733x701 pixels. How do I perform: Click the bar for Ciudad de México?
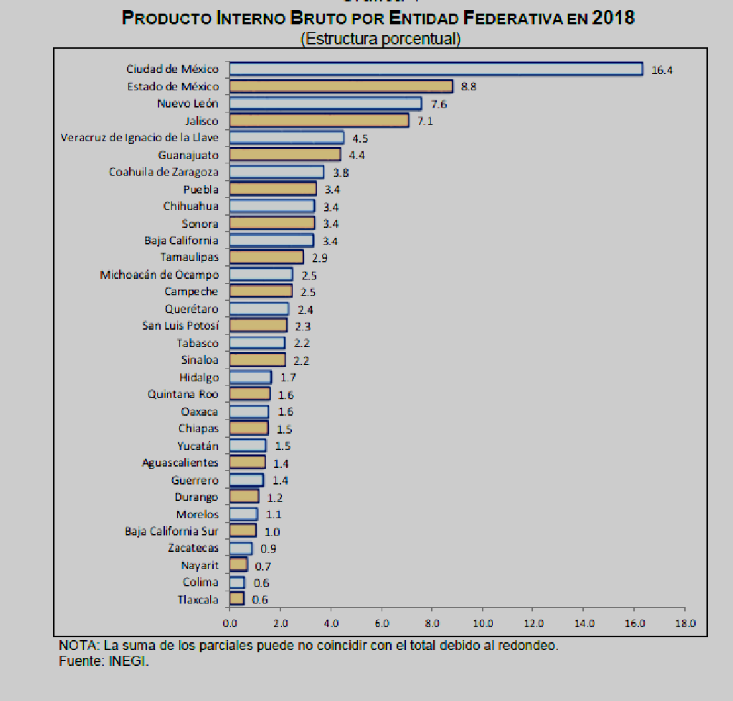coord(436,69)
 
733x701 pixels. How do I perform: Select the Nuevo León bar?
coord(326,103)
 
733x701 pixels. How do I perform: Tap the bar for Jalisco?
coord(319,120)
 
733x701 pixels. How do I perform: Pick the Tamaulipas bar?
coord(266,257)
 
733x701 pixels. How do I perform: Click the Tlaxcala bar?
coord(237,599)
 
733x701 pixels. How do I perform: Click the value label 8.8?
coord(469,87)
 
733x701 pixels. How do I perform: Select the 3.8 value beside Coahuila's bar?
coord(341,172)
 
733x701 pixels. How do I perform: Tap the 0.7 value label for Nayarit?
coord(263,566)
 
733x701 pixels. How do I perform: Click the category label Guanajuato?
coord(188,155)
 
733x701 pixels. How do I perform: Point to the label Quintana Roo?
coord(183,394)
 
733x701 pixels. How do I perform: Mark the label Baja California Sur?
coord(171,531)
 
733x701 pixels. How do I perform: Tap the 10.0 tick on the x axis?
coord(483,623)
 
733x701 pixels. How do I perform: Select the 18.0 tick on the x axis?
coord(685,623)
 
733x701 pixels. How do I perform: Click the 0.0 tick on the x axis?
coord(230,623)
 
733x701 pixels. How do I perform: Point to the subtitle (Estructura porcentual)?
coord(380,39)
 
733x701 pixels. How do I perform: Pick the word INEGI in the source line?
coord(129,661)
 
